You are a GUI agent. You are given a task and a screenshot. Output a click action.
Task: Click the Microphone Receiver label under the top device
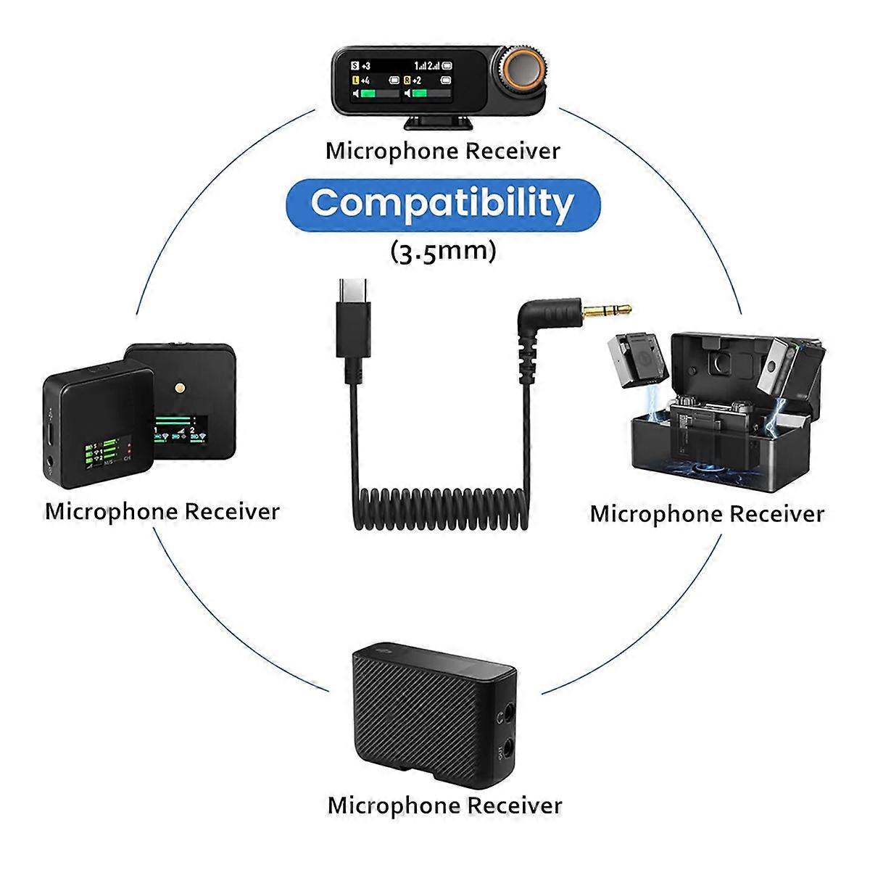coord(443,152)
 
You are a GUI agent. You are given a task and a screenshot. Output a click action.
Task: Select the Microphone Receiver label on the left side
coord(162,511)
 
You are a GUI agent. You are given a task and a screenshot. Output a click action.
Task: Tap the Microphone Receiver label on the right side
coord(707,514)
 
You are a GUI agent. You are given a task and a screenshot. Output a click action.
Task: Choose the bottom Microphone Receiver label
coord(444,805)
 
